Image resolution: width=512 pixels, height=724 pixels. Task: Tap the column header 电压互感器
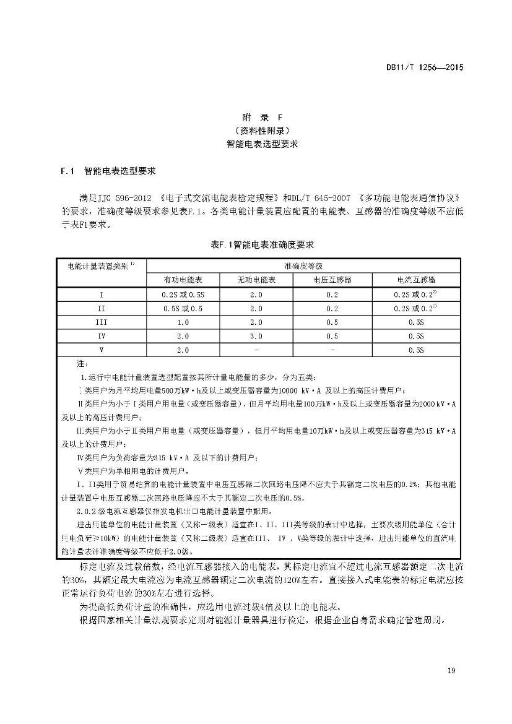click(x=332, y=280)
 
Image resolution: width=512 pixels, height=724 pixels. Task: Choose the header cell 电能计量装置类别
click(x=101, y=265)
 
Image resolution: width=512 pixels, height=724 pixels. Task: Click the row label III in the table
click(x=101, y=322)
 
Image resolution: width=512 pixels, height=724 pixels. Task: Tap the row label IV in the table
click(x=101, y=336)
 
